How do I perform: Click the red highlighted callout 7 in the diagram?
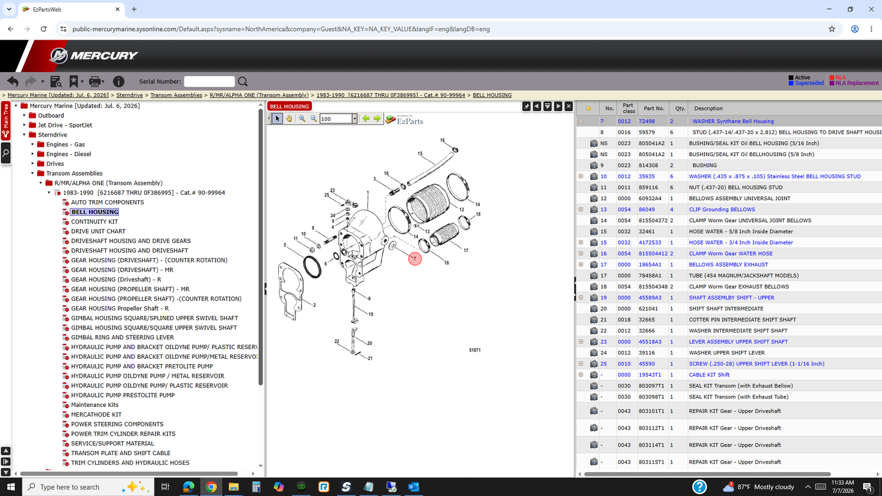(414, 259)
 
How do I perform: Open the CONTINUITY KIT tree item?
(95, 221)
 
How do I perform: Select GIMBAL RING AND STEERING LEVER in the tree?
(123, 337)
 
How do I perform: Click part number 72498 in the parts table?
(646, 121)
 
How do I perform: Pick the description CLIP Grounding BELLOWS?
(721, 209)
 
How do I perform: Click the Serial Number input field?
(209, 82)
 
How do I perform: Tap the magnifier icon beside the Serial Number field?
(243, 82)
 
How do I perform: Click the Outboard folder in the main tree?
(51, 115)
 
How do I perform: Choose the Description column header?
(708, 108)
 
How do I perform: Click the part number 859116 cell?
(648, 187)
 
